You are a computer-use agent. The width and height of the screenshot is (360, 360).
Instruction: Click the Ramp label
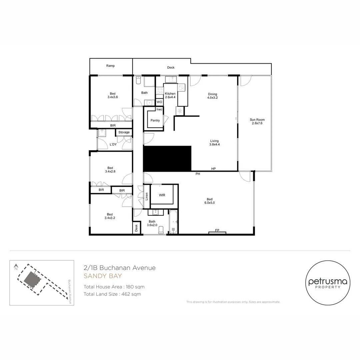[110, 66]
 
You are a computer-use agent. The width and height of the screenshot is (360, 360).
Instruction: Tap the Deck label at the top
[171, 68]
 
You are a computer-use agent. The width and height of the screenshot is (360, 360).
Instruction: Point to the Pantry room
[155, 120]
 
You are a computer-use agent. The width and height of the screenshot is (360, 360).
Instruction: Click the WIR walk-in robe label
[162, 195]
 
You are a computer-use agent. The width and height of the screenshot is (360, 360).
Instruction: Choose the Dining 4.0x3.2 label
[213, 96]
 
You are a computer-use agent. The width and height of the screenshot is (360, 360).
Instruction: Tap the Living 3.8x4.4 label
[214, 143]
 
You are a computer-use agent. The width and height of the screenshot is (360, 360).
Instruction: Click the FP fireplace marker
[217, 230]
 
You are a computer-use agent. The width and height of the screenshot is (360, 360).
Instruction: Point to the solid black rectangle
[167, 159]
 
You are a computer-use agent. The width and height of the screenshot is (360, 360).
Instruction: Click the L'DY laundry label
[113, 144]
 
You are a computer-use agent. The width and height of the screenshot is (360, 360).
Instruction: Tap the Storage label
[124, 132]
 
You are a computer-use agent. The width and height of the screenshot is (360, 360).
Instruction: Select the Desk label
[136, 228]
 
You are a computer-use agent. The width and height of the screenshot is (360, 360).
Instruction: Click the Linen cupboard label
[146, 196]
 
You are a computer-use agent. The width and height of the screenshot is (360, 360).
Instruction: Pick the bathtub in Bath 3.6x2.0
[174, 222]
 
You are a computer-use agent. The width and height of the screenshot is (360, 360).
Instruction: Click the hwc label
[159, 109]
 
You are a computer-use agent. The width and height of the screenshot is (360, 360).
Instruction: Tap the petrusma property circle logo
[328, 283]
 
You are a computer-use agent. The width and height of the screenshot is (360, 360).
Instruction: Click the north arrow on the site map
[16, 267]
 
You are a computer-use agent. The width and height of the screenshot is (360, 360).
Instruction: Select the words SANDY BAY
[103, 276]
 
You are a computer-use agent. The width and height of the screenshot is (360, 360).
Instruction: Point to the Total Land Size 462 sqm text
[112, 294]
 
